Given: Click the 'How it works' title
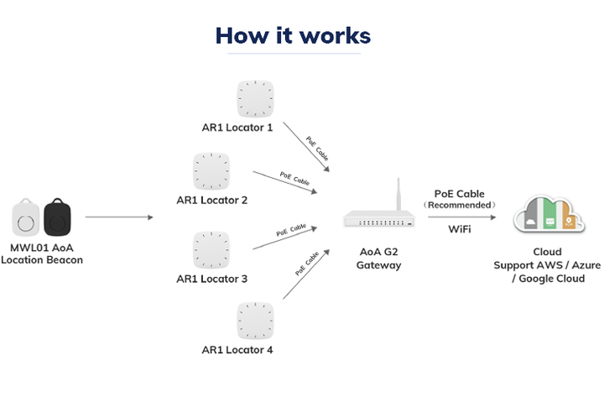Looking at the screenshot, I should pos(293,35).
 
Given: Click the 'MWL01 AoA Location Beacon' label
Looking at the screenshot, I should pos(42,253).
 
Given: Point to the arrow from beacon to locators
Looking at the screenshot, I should pos(119,217).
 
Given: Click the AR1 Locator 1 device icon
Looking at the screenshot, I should pos(256,99).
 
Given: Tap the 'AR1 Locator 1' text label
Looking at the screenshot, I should pos(238,128).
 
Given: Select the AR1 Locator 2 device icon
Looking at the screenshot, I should pos(212,171).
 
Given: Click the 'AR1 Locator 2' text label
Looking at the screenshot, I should pos(212,201).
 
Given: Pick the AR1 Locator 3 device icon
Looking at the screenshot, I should pos(212,249).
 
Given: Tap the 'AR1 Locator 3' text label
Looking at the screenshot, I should pos(212,279).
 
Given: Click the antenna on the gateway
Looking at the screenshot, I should pos(398,197).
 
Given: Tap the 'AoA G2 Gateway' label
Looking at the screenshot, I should pos(378,259).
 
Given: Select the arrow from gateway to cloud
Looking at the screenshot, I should pos(459,217).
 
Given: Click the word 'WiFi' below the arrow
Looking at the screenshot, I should pos(459,229).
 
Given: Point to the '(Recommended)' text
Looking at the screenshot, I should pos(459,205).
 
